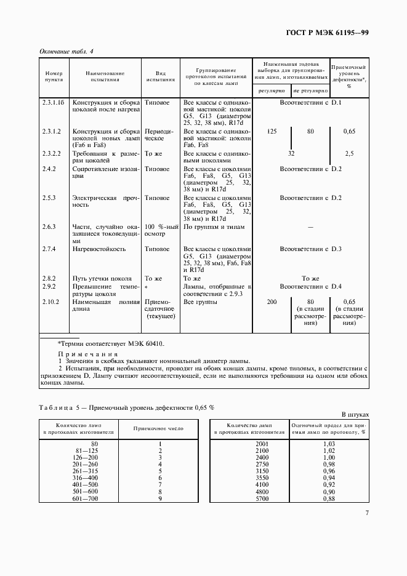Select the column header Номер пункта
54,76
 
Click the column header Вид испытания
160,76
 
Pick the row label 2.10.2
50,302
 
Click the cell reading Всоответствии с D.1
310,102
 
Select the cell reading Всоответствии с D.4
310,287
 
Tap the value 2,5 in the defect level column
349,153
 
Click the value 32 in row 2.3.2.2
292,153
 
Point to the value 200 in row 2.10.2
272,302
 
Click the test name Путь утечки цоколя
102,279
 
